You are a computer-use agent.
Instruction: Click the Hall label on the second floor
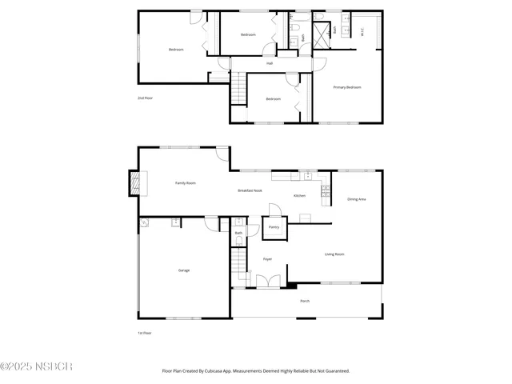(270, 63)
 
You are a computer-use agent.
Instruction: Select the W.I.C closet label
(363, 33)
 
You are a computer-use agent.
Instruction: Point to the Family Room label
(186, 183)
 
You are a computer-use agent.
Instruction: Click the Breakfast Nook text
(250, 190)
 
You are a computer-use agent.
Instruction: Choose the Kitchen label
(299, 196)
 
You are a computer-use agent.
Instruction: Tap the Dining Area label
(356, 199)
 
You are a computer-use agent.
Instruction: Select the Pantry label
(274, 227)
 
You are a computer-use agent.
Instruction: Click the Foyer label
(268, 259)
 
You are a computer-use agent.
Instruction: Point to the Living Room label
(334, 254)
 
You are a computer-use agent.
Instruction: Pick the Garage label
(184, 270)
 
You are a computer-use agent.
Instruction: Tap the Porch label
(305, 301)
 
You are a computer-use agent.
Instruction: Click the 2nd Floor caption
(145, 98)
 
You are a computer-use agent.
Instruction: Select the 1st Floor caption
(145, 333)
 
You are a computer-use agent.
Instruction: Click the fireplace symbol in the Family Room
(134, 184)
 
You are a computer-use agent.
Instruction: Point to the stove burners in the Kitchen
(326, 190)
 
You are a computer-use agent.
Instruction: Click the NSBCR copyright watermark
(37, 366)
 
